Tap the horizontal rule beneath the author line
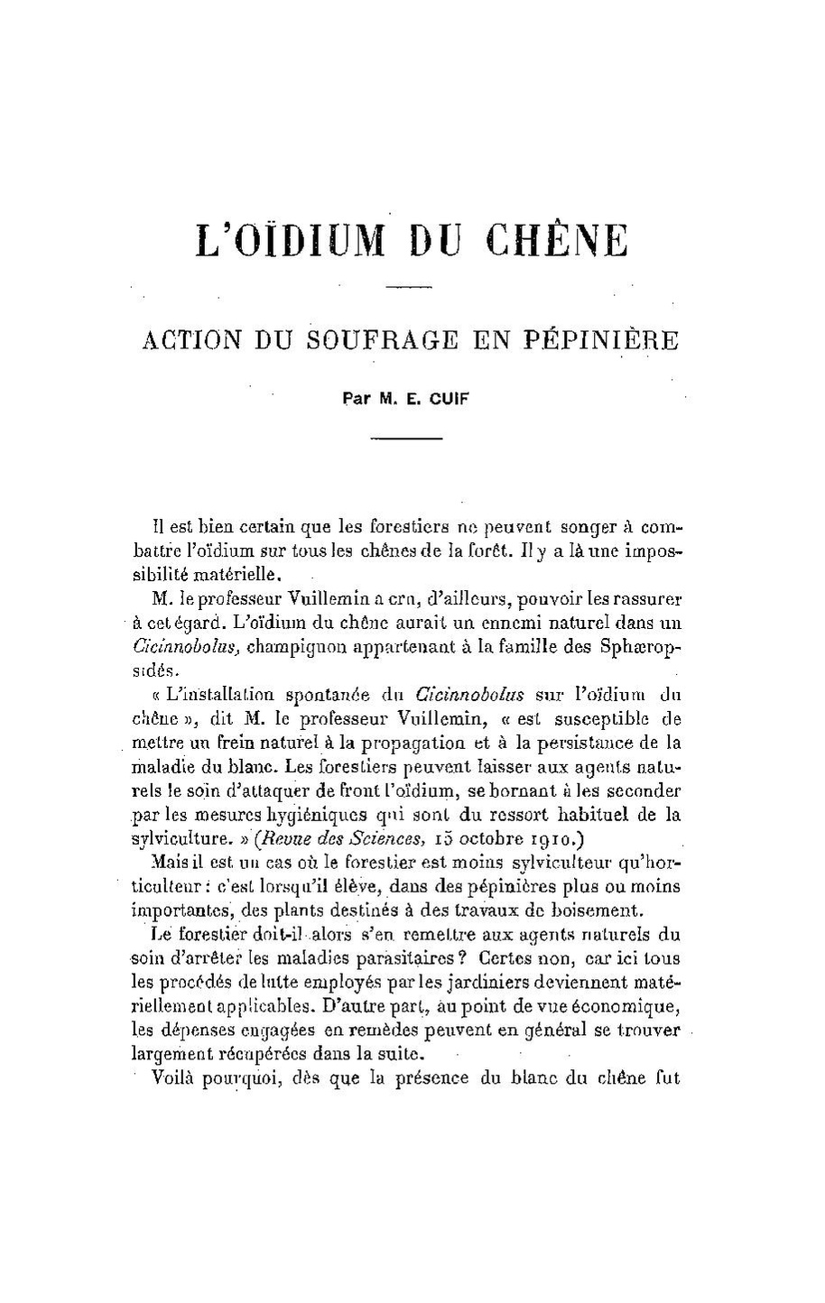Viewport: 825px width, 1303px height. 409,439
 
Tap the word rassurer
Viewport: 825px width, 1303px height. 647,598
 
